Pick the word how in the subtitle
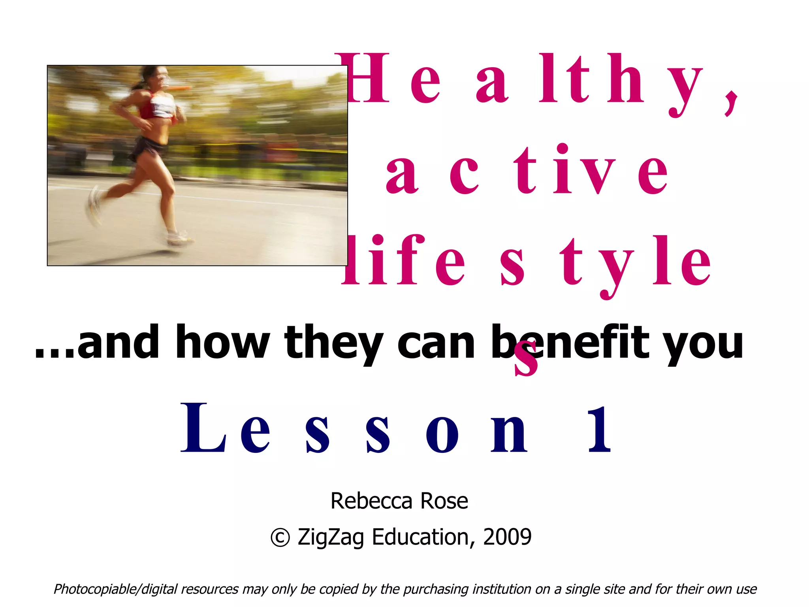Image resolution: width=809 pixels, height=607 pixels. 223,342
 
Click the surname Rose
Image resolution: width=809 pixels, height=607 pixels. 444,501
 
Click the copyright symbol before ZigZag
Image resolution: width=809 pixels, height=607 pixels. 280,538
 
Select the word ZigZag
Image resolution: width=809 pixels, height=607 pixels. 331,538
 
